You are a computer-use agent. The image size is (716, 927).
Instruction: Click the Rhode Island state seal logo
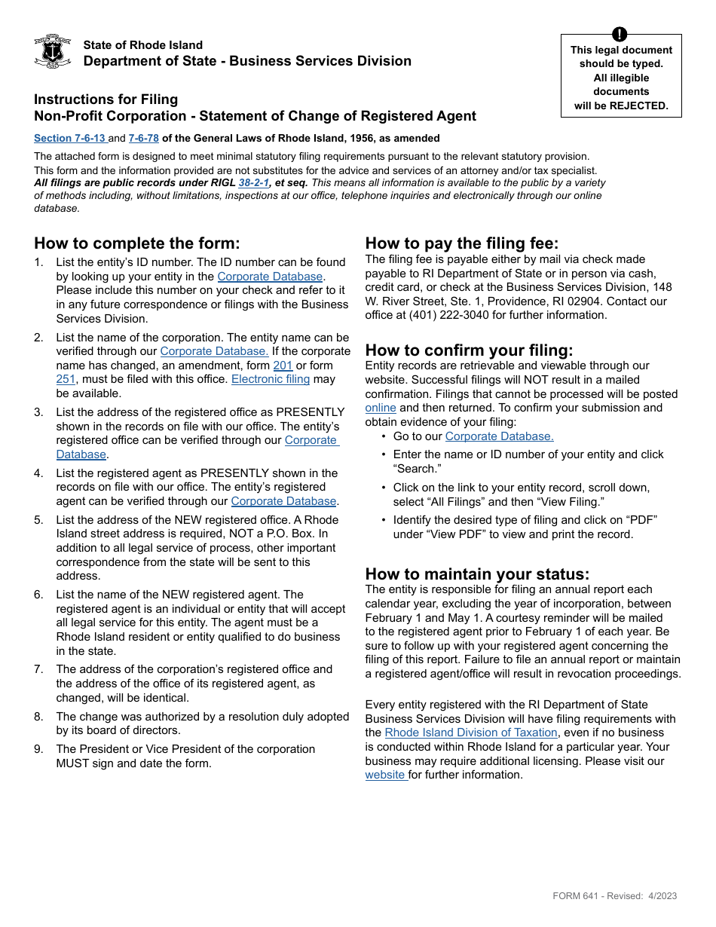(53, 51)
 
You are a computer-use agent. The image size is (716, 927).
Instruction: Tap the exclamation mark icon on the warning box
(620, 34)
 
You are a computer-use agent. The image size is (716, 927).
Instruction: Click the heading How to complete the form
(136, 243)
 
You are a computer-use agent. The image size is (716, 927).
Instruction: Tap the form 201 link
(283, 366)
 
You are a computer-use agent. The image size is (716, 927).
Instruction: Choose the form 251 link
(66, 379)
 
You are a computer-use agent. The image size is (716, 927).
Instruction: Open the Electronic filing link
(271, 379)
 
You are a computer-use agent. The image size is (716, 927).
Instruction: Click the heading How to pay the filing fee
(462, 243)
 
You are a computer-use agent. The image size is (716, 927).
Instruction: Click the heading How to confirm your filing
(469, 350)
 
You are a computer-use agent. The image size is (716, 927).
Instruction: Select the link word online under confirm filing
(381, 408)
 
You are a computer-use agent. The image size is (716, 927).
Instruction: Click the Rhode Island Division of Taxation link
(471, 733)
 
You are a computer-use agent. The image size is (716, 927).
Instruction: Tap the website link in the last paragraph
(386, 775)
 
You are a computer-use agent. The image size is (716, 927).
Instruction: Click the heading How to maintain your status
(477, 574)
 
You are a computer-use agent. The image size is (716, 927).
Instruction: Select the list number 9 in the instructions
(38, 749)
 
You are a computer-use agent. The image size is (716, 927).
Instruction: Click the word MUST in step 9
(73, 763)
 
